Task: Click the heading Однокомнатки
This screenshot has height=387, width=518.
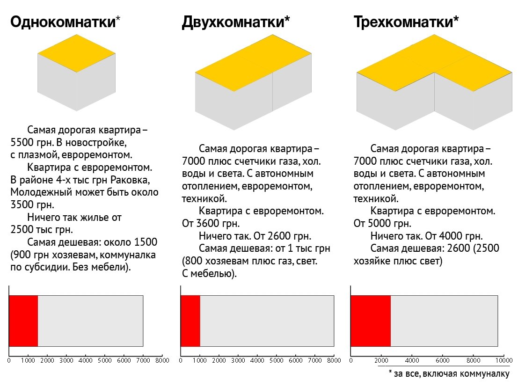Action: (63, 22)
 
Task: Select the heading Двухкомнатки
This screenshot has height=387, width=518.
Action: (235, 22)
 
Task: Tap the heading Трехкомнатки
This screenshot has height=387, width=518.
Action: (406, 22)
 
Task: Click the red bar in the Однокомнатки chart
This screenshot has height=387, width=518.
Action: (23, 321)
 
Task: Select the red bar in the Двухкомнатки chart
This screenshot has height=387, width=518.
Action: (190, 321)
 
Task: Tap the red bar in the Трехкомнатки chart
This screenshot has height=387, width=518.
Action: (371, 321)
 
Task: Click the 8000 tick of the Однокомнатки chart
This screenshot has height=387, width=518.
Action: (162, 361)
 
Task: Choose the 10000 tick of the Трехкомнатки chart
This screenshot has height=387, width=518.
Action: (503, 361)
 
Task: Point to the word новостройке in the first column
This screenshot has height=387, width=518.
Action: (98, 141)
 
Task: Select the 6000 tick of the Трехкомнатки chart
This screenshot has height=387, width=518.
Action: (442, 361)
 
